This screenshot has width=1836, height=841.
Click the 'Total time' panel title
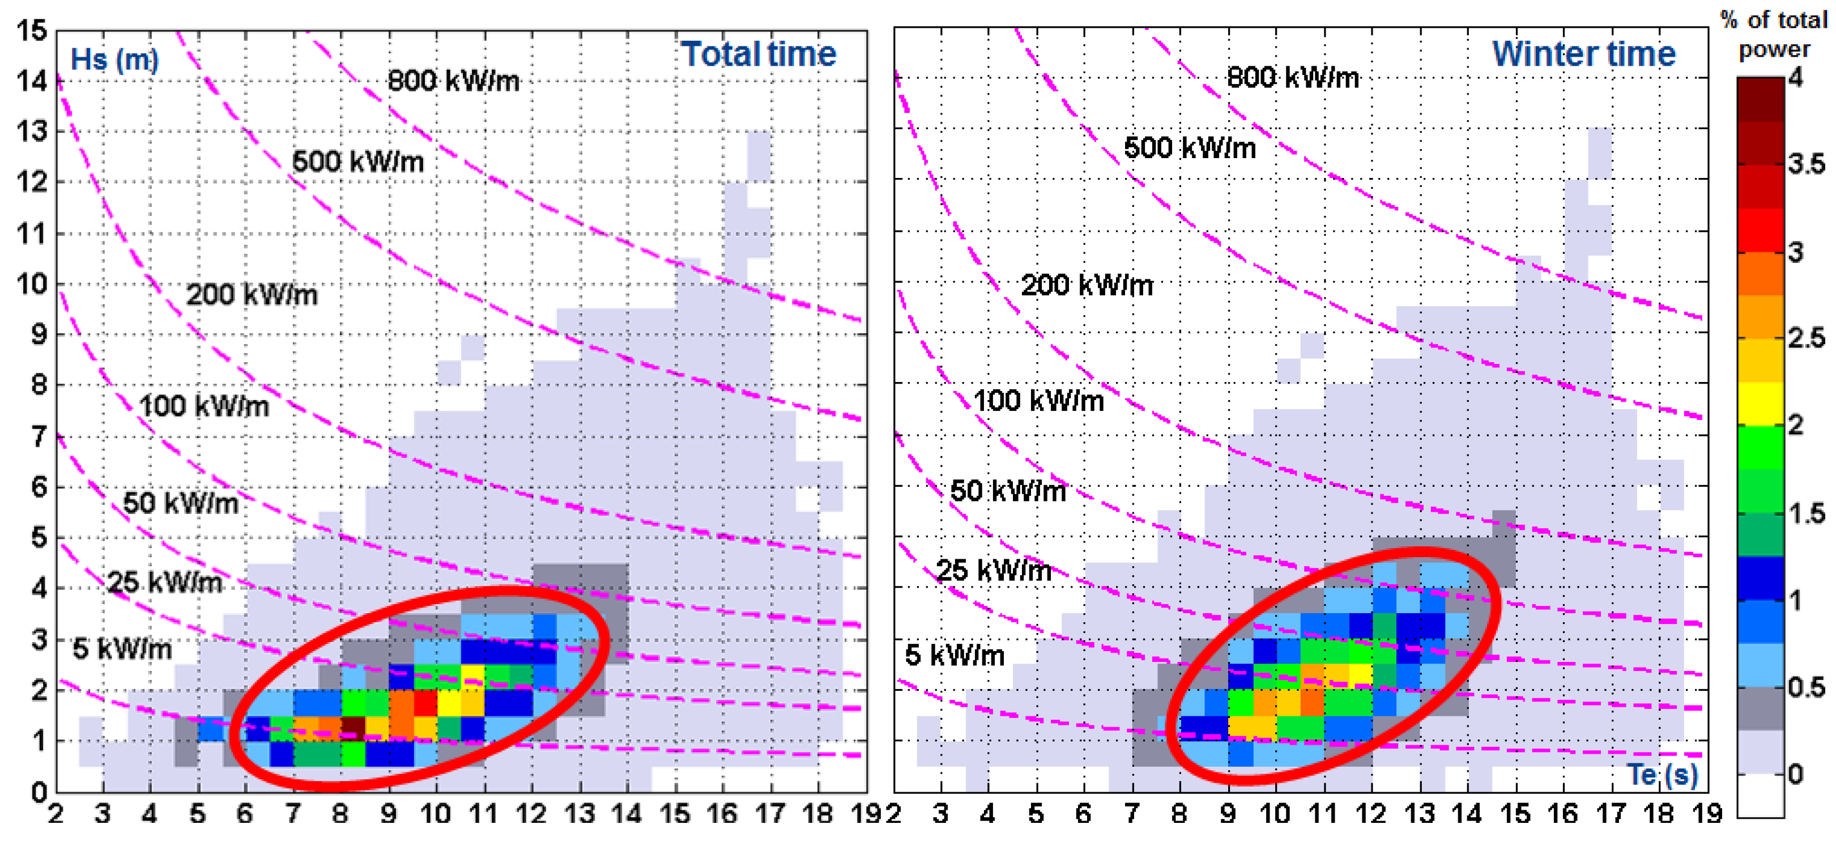(757, 54)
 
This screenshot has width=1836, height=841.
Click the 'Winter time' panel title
(1584, 54)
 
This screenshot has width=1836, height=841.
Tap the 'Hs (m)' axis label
(114, 60)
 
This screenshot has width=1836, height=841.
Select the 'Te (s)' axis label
(1663, 775)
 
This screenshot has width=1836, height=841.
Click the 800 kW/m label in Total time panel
(453, 80)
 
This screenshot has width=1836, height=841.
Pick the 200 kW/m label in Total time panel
(252, 294)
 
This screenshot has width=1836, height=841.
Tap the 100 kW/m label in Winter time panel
(1038, 401)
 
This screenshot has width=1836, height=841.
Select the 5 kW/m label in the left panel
(122, 649)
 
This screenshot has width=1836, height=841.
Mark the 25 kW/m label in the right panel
(993, 570)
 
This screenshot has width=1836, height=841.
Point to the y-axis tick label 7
(39, 436)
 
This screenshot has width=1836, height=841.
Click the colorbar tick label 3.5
(1806, 164)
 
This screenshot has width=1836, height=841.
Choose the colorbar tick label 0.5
(1806, 687)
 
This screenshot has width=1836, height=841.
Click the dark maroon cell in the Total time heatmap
(353, 727)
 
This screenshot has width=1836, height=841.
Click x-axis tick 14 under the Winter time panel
(1467, 814)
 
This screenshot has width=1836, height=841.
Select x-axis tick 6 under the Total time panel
(245, 814)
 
